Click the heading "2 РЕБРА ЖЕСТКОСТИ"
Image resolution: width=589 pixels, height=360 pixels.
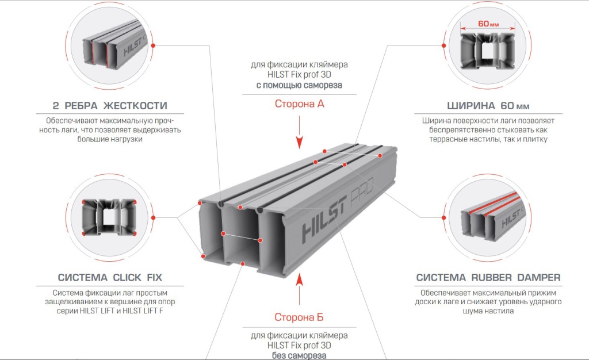[109, 106]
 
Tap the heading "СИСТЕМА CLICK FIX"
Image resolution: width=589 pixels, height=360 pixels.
[110, 277]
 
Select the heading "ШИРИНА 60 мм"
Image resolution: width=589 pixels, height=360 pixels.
[488, 106]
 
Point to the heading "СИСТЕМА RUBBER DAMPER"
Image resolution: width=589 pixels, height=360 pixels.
[488, 277]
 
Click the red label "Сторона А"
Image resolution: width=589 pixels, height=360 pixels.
[299, 105]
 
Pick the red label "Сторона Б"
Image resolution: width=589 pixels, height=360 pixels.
[299, 317]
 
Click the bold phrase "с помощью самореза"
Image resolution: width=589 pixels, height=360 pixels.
[299, 85]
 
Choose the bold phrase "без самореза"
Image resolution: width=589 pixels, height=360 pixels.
[299, 355]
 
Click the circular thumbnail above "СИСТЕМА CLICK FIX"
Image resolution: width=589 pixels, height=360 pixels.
[109, 219]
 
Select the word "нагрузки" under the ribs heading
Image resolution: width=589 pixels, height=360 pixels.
[123, 139]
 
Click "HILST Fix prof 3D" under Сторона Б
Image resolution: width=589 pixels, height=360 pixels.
[299, 345]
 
